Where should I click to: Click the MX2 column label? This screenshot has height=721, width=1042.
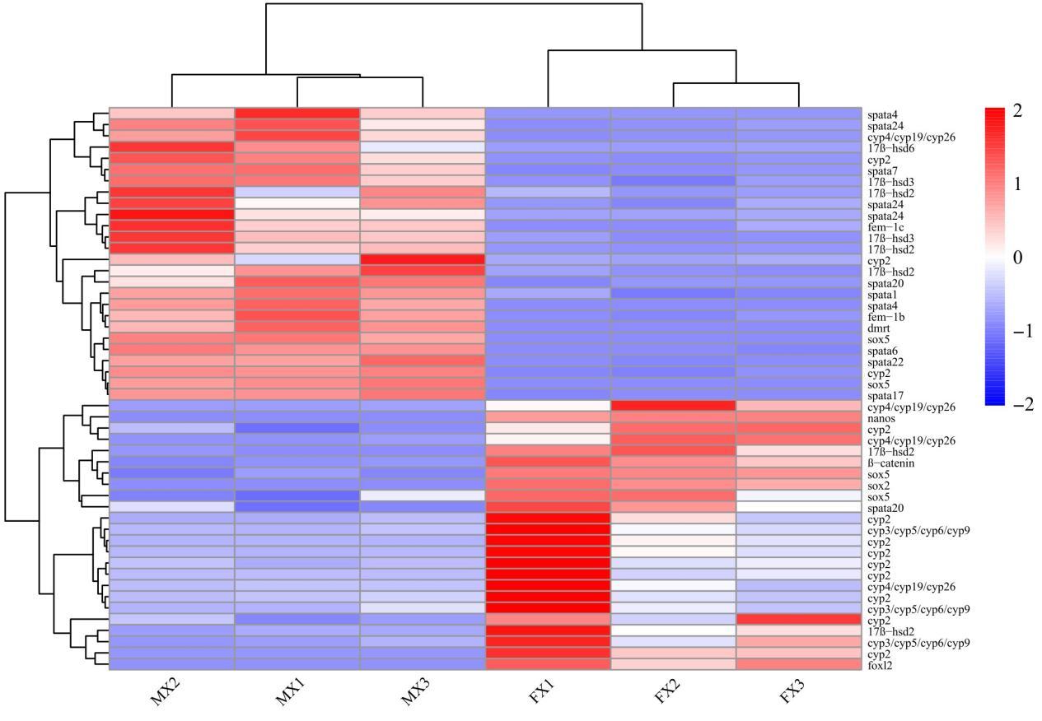(x=168, y=692)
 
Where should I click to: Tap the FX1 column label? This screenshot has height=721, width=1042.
(x=544, y=692)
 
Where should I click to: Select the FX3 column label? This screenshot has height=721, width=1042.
(x=795, y=692)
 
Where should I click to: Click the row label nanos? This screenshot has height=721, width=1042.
(x=879, y=418)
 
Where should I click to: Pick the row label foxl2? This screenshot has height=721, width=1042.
(x=879, y=664)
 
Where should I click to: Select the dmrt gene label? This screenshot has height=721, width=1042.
(x=877, y=327)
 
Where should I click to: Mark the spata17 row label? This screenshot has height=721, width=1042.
(x=882, y=394)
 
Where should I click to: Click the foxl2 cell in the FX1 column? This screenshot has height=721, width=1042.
(x=548, y=664)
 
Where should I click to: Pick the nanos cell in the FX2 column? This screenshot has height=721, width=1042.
(x=673, y=417)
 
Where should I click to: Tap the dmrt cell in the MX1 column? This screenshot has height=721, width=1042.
(x=297, y=328)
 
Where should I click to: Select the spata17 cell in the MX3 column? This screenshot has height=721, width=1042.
(x=423, y=394)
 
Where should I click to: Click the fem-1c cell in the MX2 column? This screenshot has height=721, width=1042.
(x=171, y=226)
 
